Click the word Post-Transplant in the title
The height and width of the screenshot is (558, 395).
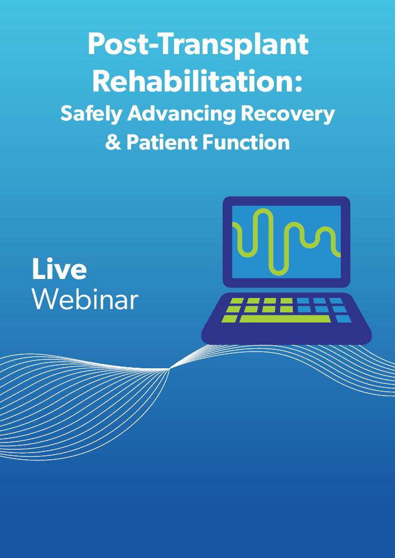click(x=198, y=45)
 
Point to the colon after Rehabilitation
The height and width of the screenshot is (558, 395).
click(x=298, y=85)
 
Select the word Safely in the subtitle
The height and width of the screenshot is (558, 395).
click(x=91, y=114)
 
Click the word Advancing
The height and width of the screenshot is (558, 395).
click(x=181, y=114)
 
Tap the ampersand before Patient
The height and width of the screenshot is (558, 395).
click(x=113, y=142)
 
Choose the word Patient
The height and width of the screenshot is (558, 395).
click(x=162, y=142)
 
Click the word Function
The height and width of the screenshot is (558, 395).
click(x=246, y=142)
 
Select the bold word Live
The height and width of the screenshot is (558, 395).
click(x=60, y=269)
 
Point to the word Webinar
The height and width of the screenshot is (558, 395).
click(x=85, y=299)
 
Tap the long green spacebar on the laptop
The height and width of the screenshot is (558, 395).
click(x=285, y=319)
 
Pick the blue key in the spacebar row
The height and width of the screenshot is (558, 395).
click(x=344, y=319)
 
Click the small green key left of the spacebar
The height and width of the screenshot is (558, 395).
click(x=229, y=319)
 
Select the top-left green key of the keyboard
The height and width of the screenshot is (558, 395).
click(x=237, y=301)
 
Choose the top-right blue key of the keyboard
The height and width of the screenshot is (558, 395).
click(x=336, y=301)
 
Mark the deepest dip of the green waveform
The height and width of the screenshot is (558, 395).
click(x=278, y=272)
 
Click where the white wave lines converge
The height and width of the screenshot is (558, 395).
click(x=170, y=369)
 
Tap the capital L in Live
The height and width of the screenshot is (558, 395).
click(x=38, y=269)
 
